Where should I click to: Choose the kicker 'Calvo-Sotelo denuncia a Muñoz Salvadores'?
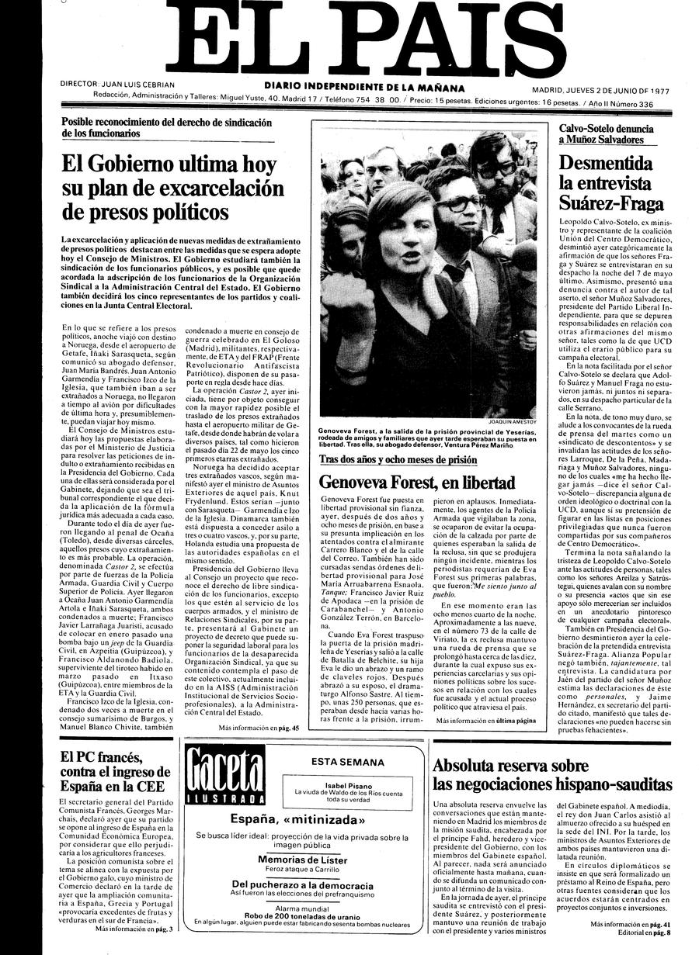[607, 134]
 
